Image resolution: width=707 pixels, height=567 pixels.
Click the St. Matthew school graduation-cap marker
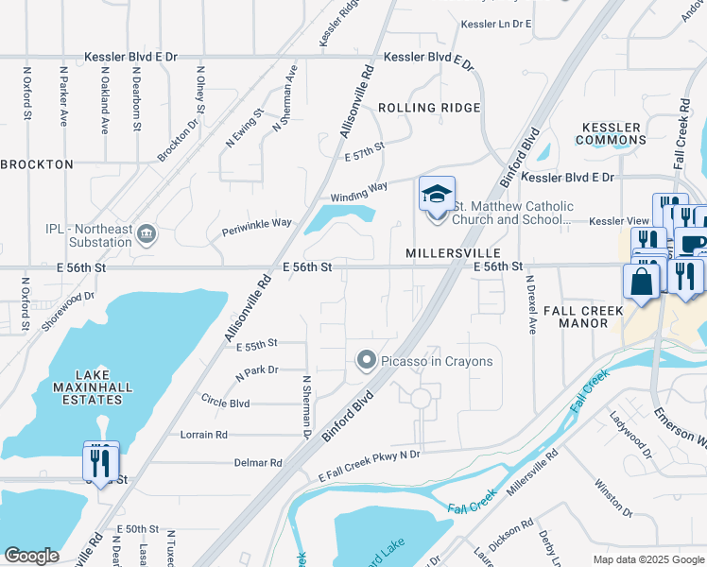(437, 196)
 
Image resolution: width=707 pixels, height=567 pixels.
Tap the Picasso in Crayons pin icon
(367, 360)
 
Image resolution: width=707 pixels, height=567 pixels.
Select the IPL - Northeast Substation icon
(147, 233)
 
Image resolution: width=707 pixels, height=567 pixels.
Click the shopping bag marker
(641, 282)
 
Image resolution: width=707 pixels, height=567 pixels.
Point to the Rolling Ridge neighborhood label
(429, 108)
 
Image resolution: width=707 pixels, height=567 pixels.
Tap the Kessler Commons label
(612, 134)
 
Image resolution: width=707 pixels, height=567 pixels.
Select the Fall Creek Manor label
(582, 317)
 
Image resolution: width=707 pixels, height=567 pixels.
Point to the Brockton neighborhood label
(37, 164)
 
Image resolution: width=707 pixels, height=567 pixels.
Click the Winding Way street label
(358, 191)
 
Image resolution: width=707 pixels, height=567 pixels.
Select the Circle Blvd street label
(225, 403)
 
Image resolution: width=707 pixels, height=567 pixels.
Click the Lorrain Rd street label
(203, 435)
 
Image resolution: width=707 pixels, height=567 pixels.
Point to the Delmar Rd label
(258, 463)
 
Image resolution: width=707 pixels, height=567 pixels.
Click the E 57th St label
(365, 150)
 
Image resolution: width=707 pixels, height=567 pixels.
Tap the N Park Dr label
(257, 370)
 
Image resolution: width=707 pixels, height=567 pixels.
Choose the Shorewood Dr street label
(69, 311)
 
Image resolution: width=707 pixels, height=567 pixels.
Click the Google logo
(31, 556)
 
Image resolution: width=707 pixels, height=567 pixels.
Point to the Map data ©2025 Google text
(647, 559)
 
